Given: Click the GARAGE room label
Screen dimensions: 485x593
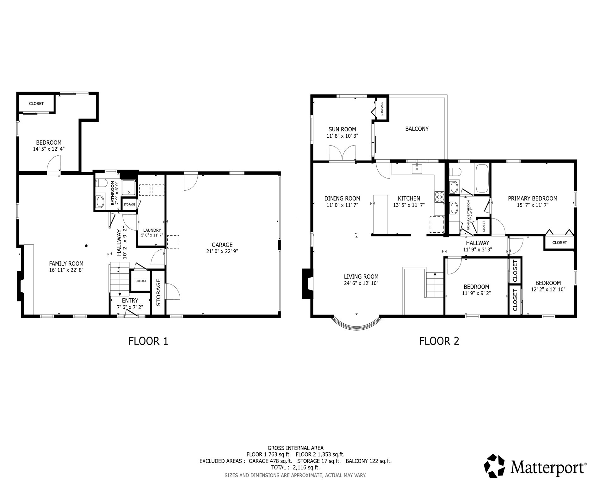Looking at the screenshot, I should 222,245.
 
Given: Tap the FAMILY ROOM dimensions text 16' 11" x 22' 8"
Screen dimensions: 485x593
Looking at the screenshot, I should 66,270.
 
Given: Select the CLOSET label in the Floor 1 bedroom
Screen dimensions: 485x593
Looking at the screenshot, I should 36,104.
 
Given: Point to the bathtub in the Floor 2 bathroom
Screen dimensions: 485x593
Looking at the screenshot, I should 482,178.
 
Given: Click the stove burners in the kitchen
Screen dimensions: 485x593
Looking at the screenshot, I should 439,197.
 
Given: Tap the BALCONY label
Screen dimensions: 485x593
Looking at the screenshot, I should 417,129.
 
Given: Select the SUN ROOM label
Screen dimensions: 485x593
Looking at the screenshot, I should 342,129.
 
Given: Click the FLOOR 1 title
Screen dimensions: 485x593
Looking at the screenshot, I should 148,341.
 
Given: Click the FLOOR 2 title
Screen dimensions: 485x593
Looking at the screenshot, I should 439,341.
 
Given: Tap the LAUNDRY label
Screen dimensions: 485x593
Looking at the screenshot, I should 152,230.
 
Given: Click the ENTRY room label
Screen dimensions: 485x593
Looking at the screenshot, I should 130,301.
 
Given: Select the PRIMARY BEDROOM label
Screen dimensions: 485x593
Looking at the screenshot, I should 533,198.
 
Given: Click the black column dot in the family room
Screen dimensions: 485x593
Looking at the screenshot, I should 86,246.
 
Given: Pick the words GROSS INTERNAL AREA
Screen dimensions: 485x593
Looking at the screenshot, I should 295,448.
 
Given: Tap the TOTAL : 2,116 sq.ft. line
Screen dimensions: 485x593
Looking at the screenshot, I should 295,467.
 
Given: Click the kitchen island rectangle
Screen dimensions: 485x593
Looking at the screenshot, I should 380,214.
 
